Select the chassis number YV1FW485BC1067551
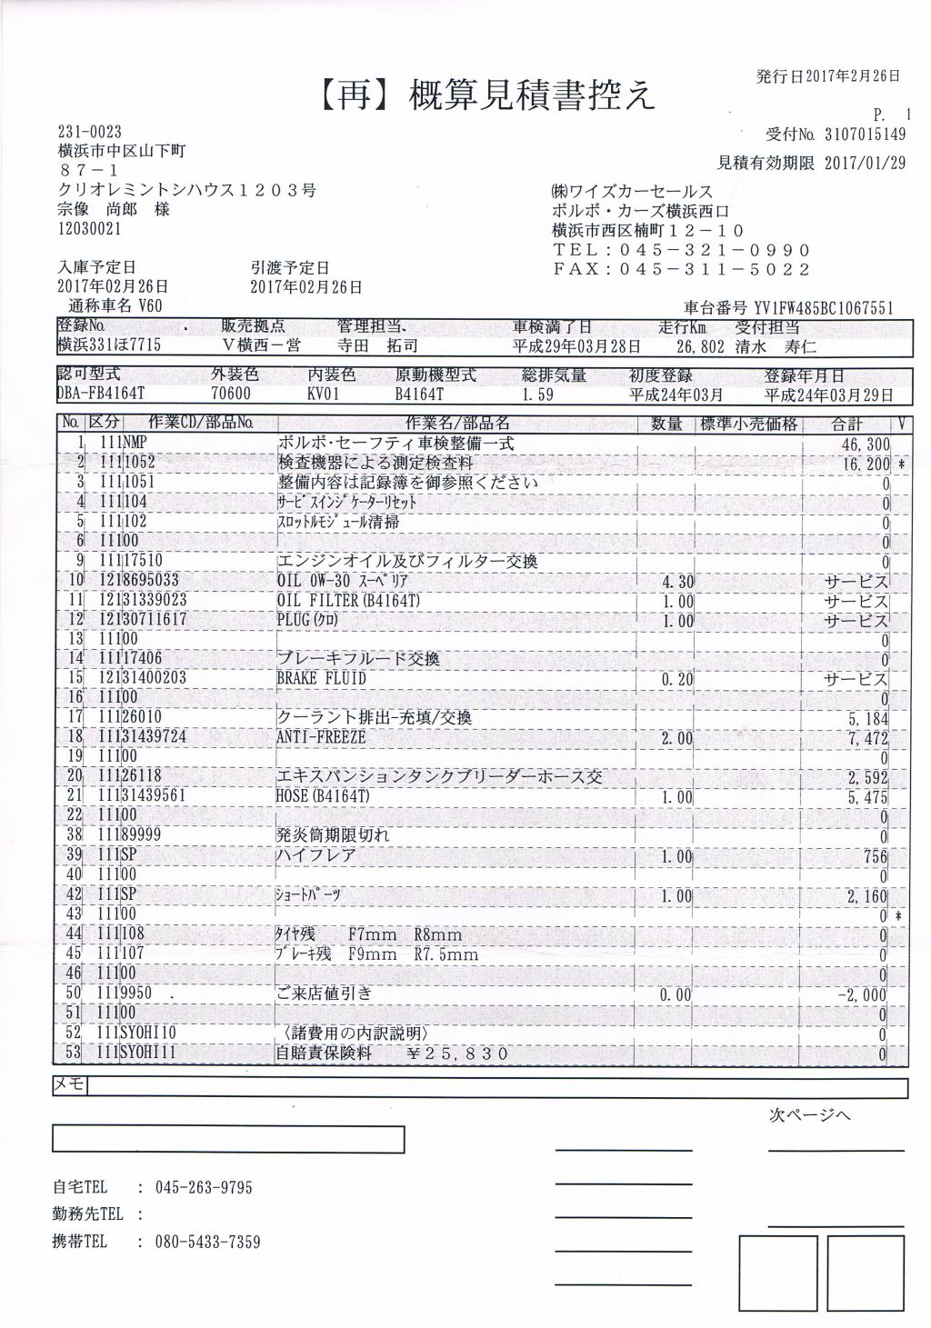[x=824, y=308]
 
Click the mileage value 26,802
[x=699, y=346]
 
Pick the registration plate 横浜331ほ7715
[x=109, y=346]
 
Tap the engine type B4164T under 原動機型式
[x=419, y=394]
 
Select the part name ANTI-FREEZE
[x=321, y=737]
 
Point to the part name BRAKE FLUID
[x=321, y=678]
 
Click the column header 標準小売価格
[x=749, y=424]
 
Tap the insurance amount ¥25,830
[x=458, y=1054]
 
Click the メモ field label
[x=70, y=1085]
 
